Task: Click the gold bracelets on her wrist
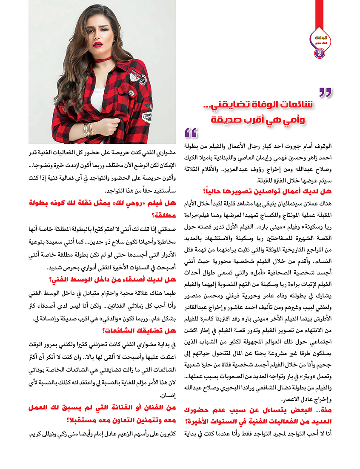(89, 129)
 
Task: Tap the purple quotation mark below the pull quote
(191, 132)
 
